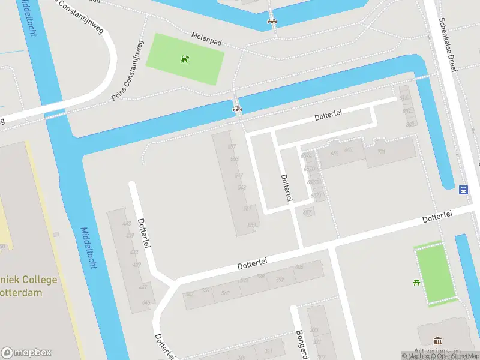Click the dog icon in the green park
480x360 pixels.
tap(185, 58)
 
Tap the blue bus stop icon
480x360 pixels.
tap(464, 190)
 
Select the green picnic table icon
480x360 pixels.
tap(416, 282)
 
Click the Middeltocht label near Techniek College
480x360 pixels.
tap(88, 248)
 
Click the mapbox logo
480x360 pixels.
tap(26, 352)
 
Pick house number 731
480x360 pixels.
tap(380, 152)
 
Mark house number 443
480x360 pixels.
tap(127, 224)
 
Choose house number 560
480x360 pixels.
tap(225, 293)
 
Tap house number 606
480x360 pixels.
tap(299, 267)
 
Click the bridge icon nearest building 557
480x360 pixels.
tap(237, 109)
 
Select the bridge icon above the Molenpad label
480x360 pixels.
tap(272, 22)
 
